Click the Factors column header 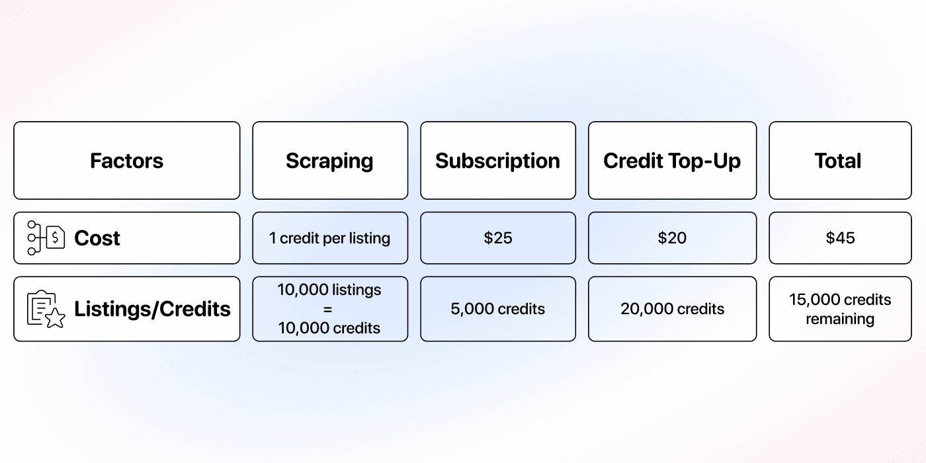pos(126,161)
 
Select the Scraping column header pos(329,161)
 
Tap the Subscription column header pos(497,161)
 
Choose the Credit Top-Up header pos(672,161)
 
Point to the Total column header pos(838,161)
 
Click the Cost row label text pos(97,238)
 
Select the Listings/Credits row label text pos(152,309)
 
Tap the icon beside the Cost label pos(46,238)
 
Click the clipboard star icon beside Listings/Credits pos(46,309)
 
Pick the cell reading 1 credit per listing pos(329,238)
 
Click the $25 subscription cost pos(497,238)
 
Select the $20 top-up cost pos(672,238)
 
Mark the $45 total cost pos(840,238)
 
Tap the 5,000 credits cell pos(497,309)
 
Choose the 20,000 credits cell pos(672,309)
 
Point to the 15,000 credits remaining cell pos(840,309)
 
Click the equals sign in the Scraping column pos(329,309)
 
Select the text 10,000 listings pos(329,290)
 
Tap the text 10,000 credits pos(329,328)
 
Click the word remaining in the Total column pos(840,319)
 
